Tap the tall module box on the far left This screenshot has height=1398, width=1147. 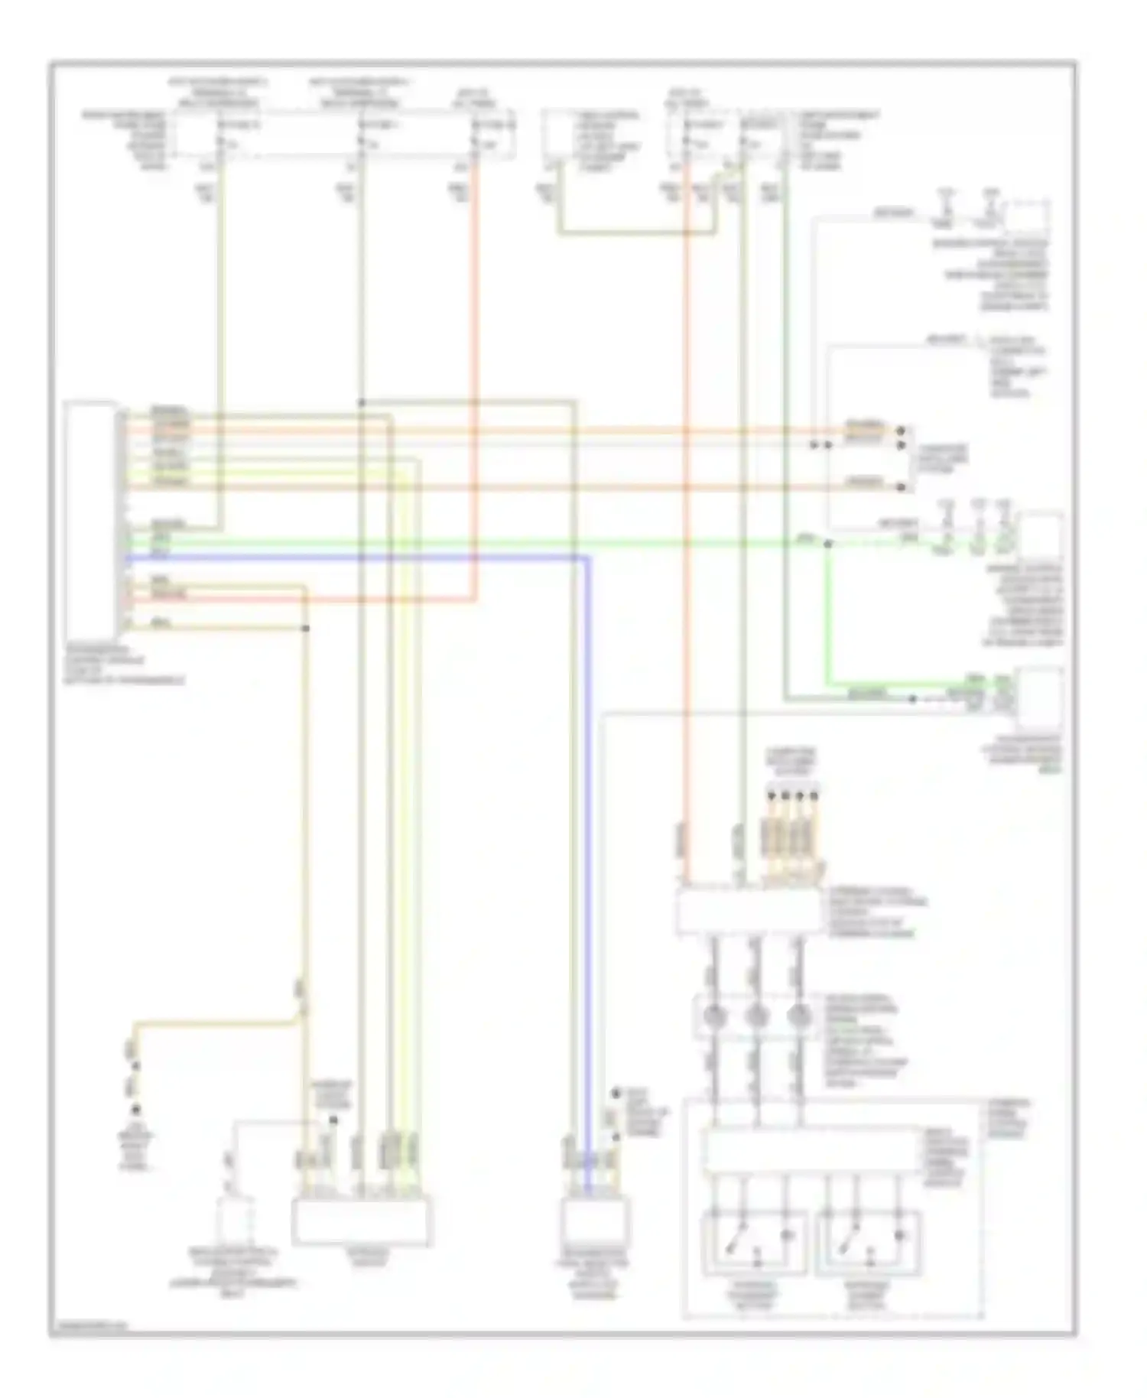coord(91,521)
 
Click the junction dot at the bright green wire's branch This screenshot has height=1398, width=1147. coord(827,545)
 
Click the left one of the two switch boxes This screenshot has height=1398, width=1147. coord(754,1242)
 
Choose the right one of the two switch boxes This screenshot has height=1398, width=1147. coord(868,1242)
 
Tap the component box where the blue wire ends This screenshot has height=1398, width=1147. coord(595,1221)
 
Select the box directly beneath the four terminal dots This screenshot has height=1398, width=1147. coord(748,911)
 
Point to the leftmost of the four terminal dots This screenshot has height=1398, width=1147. coord(771,795)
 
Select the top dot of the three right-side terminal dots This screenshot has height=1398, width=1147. coord(901,431)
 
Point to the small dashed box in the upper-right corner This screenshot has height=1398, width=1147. coord(1028,218)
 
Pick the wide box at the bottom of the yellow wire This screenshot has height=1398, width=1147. coord(361,1221)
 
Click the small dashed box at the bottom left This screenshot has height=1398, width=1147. coord(238,1221)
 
